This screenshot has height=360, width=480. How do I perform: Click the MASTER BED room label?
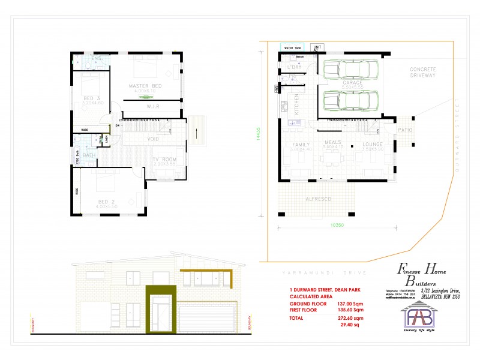tap(145, 86)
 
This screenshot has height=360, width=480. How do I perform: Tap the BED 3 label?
tap(92, 98)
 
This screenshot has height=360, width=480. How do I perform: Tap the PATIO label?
tap(404, 129)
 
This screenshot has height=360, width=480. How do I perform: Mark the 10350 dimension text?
tap(336, 225)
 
